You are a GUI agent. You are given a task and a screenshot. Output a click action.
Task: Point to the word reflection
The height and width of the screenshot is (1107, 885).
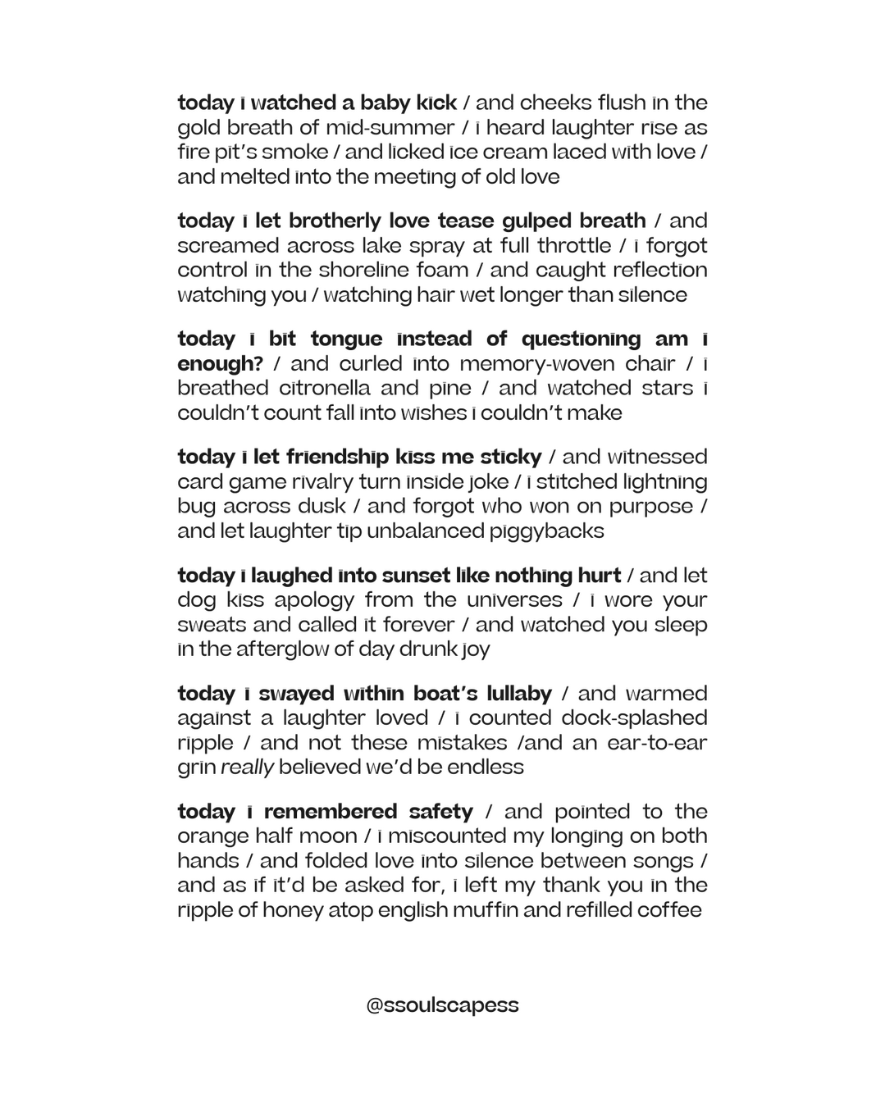(656, 271)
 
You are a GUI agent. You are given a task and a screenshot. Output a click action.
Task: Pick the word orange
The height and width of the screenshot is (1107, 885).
(212, 837)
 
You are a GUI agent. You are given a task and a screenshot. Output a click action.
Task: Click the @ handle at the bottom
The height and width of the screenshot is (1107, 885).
(442, 1005)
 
